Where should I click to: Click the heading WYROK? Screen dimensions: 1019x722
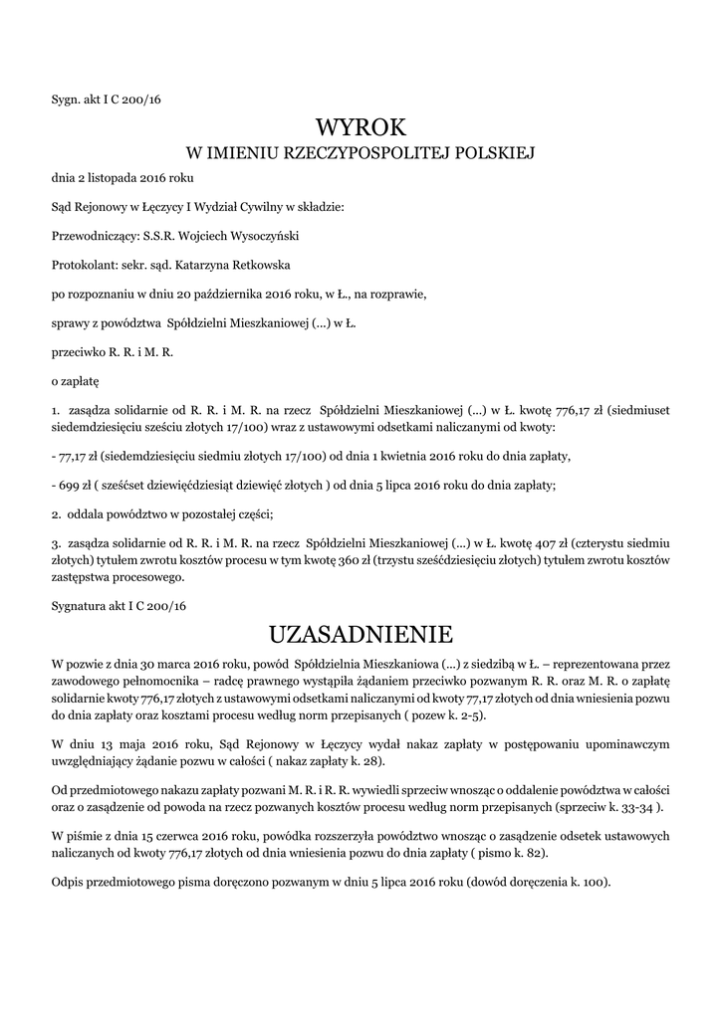361,127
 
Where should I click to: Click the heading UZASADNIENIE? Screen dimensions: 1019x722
361,635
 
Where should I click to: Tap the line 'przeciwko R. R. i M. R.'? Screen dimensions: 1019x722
112,352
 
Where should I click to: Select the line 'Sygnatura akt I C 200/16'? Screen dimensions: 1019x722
119,605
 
